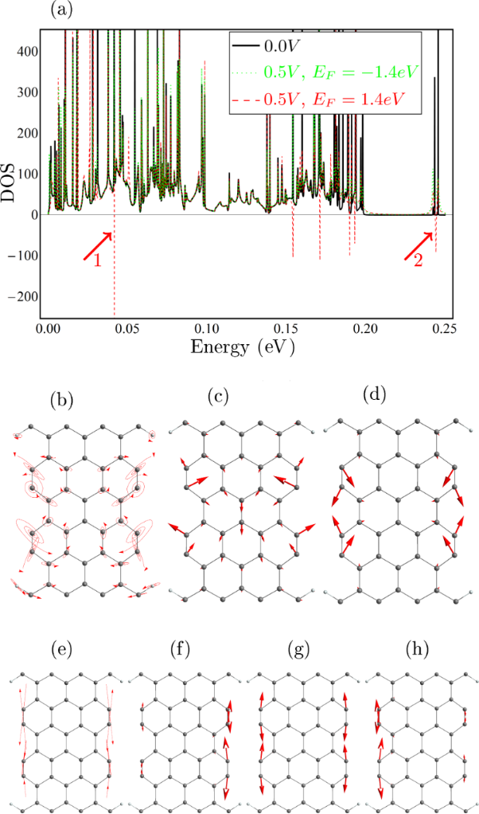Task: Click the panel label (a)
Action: (63, 10)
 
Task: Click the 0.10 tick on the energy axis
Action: (206, 329)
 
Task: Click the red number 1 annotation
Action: (98, 261)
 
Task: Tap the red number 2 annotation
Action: (418, 262)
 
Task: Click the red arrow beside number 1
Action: (98, 245)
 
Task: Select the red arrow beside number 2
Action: (419, 245)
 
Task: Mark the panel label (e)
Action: (58, 649)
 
